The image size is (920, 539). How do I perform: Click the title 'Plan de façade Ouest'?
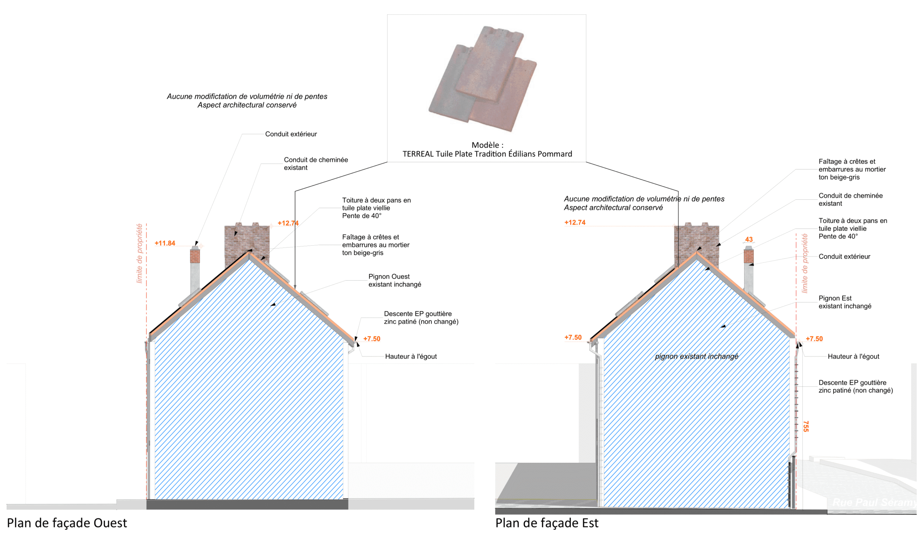tap(67, 523)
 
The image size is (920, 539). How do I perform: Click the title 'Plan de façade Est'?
tap(547, 523)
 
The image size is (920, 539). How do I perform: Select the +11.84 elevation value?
tap(165, 243)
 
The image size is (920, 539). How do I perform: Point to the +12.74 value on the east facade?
tap(575, 222)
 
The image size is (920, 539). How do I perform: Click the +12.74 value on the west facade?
tap(288, 223)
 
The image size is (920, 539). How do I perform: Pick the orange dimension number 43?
tap(749, 239)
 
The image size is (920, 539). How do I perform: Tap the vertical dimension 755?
tap(806, 426)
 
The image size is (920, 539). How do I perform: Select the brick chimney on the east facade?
tap(696, 241)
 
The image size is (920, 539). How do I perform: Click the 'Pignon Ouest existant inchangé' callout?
tap(394, 280)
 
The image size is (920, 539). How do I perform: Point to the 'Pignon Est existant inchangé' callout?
tap(844, 302)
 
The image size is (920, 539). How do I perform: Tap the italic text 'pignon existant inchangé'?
tap(696, 356)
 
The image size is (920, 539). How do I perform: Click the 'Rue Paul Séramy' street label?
tap(874, 502)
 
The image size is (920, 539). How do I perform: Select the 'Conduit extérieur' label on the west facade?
tap(291, 134)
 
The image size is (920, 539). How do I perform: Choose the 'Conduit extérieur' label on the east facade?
tap(844, 256)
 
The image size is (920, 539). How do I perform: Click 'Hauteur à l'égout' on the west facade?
tap(411, 356)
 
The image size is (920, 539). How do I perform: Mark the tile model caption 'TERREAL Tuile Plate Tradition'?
tap(487, 154)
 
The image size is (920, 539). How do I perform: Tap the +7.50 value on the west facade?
tap(372, 339)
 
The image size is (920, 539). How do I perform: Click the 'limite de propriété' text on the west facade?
tap(139, 253)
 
